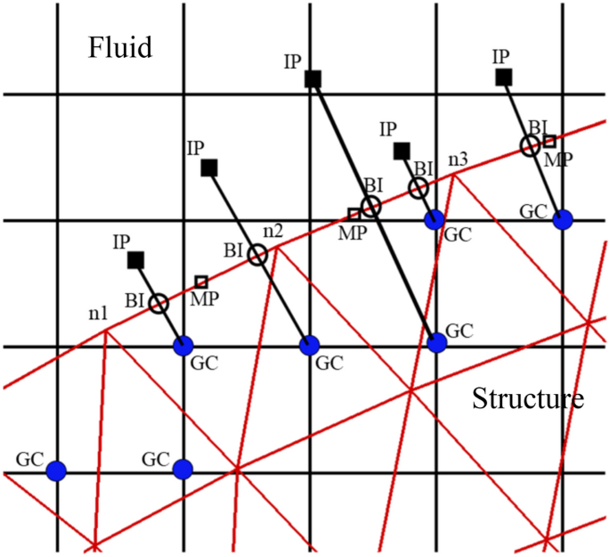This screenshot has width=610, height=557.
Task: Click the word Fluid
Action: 120,46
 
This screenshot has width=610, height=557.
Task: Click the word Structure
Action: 528,398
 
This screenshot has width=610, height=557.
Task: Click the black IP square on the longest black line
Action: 313,79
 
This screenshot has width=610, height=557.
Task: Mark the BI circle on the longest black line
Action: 371,207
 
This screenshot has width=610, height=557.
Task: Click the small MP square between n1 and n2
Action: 201,282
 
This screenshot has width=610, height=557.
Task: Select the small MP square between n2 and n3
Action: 354,214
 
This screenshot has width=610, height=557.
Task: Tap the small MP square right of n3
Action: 549,141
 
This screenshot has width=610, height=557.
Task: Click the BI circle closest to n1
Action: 159,304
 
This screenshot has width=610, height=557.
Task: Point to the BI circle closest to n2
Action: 257,256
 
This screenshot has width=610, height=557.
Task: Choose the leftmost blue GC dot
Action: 57,470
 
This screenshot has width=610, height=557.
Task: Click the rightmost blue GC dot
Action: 562,219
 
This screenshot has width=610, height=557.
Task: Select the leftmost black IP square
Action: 136,260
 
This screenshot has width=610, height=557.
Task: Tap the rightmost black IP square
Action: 503,78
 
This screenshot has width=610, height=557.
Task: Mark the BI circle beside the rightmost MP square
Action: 531,145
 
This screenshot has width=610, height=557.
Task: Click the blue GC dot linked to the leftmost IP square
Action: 183,344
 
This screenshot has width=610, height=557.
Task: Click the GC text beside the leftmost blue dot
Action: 29,460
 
